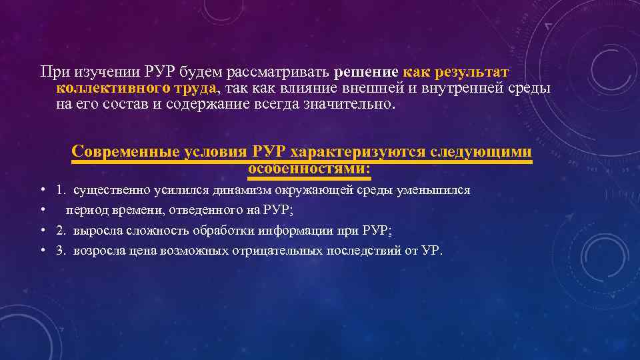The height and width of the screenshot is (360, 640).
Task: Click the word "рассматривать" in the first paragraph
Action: [x=279, y=71]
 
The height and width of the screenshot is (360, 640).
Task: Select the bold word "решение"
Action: [x=367, y=71]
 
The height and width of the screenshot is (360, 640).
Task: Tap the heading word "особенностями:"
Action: [x=309, y=169]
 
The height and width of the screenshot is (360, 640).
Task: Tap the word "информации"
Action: [x=289, y=230]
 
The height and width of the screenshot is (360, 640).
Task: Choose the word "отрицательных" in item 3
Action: [x=279, y=250]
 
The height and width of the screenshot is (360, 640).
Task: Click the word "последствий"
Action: [x=365, y=250]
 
